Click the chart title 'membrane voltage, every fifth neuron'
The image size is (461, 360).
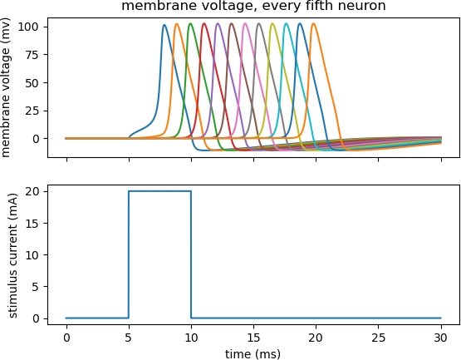coord(253,7)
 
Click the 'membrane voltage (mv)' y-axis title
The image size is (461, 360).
coord(7,86)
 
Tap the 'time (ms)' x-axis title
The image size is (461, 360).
coord(253,353)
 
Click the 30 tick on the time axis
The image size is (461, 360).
coord(440,337)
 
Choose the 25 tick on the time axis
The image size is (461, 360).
coord(378,337)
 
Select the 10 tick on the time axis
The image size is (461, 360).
coord(191,337)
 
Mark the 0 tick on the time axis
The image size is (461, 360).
coord(66,337)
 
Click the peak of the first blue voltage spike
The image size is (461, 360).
coord(164,25)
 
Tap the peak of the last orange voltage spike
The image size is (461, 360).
coord(313,23)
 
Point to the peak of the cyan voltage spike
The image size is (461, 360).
coord(286,23)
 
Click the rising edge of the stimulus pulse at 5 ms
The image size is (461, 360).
coord(129,254)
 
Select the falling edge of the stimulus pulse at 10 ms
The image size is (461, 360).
coord(191,254)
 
